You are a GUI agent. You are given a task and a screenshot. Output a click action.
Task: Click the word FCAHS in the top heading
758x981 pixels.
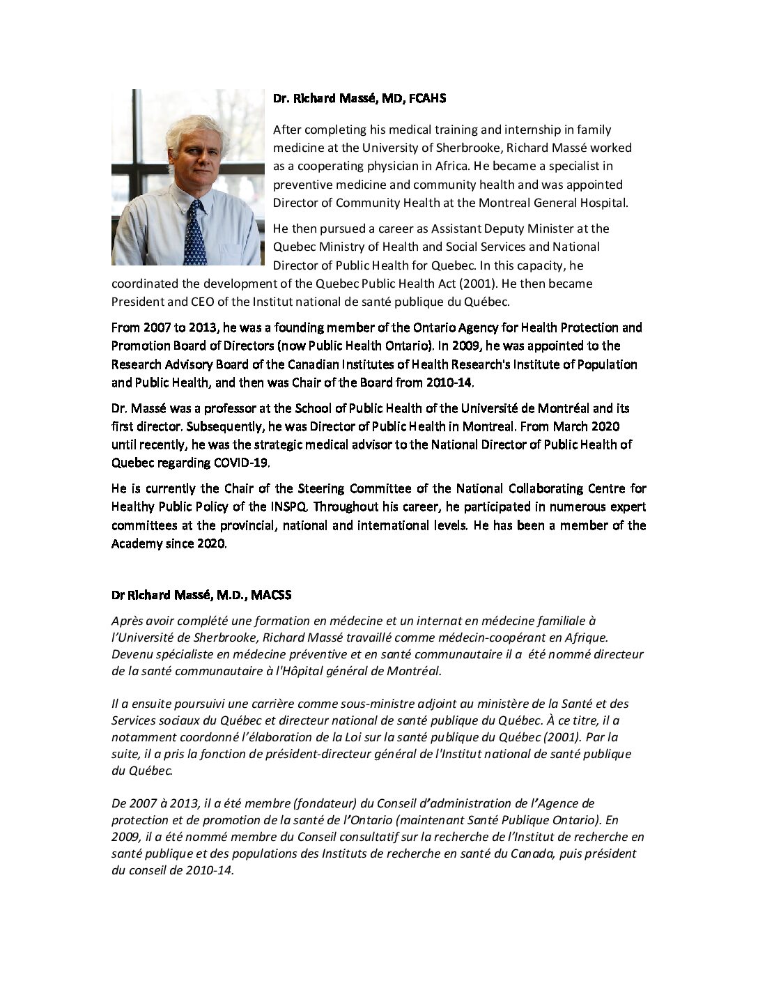[x=426, y=99]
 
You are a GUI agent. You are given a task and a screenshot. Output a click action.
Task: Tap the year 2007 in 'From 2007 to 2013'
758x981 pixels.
[x=155, y=327]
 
